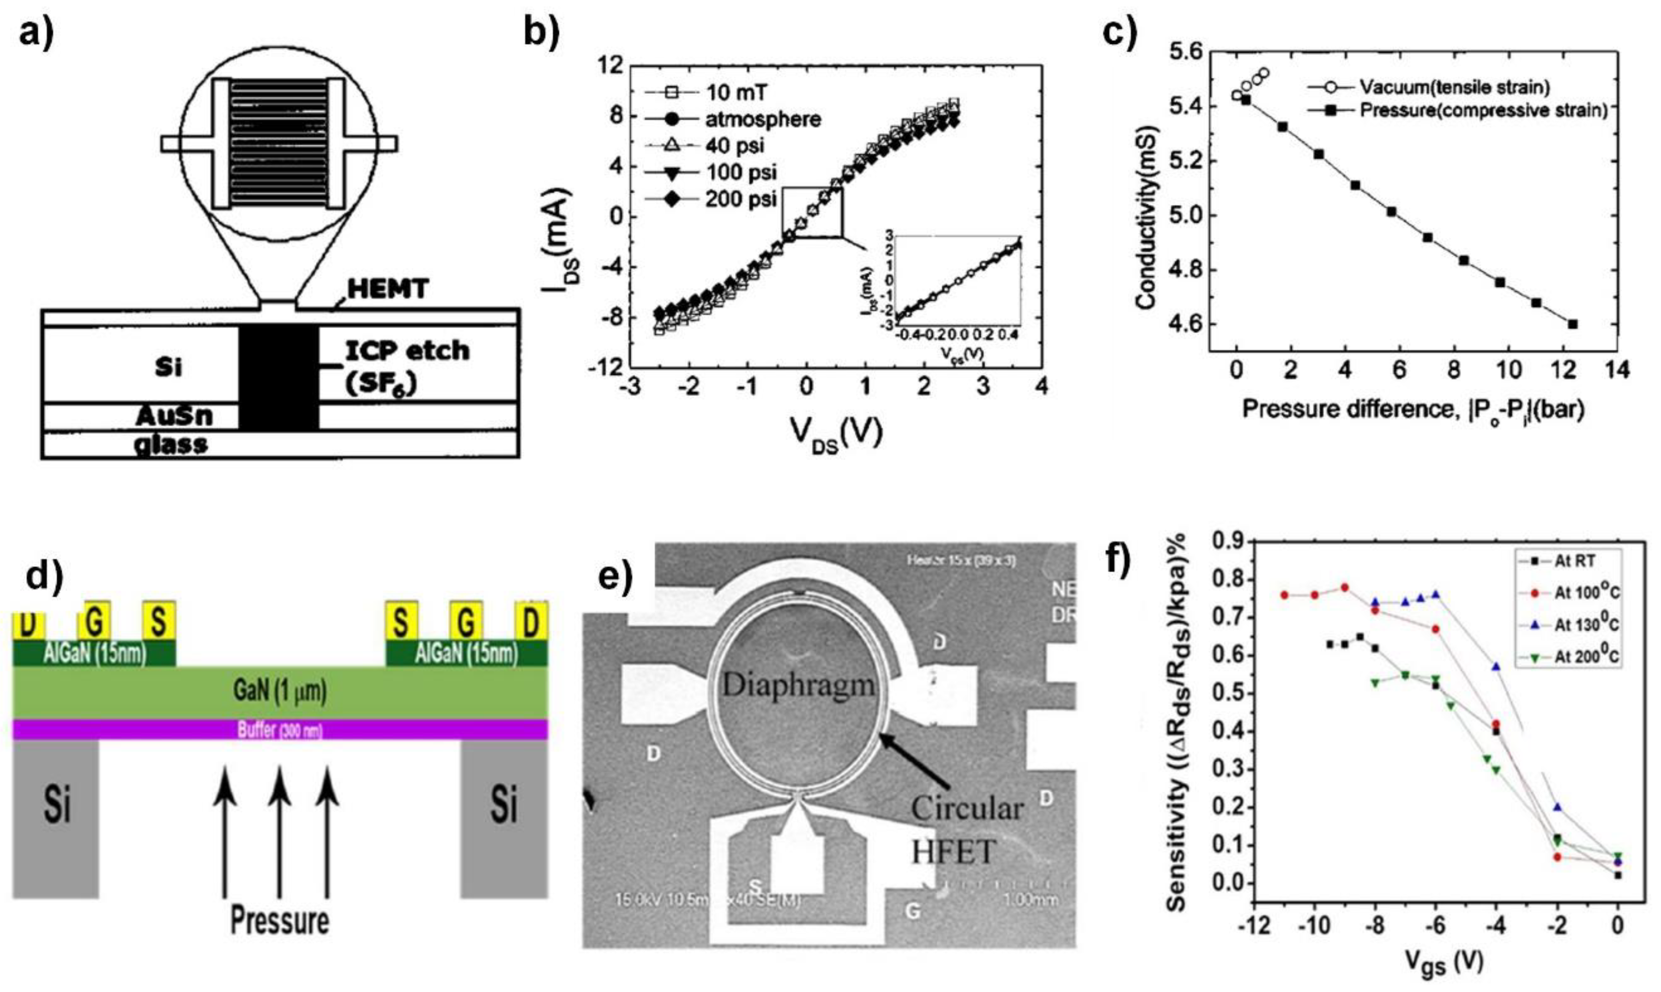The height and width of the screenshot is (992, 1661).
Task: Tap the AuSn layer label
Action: point(174,416)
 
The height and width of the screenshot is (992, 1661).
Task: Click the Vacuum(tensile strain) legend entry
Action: point(1450,87)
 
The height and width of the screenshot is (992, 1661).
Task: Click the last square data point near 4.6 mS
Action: point(1572,324)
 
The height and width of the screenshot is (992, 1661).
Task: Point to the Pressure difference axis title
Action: point(1413,410)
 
